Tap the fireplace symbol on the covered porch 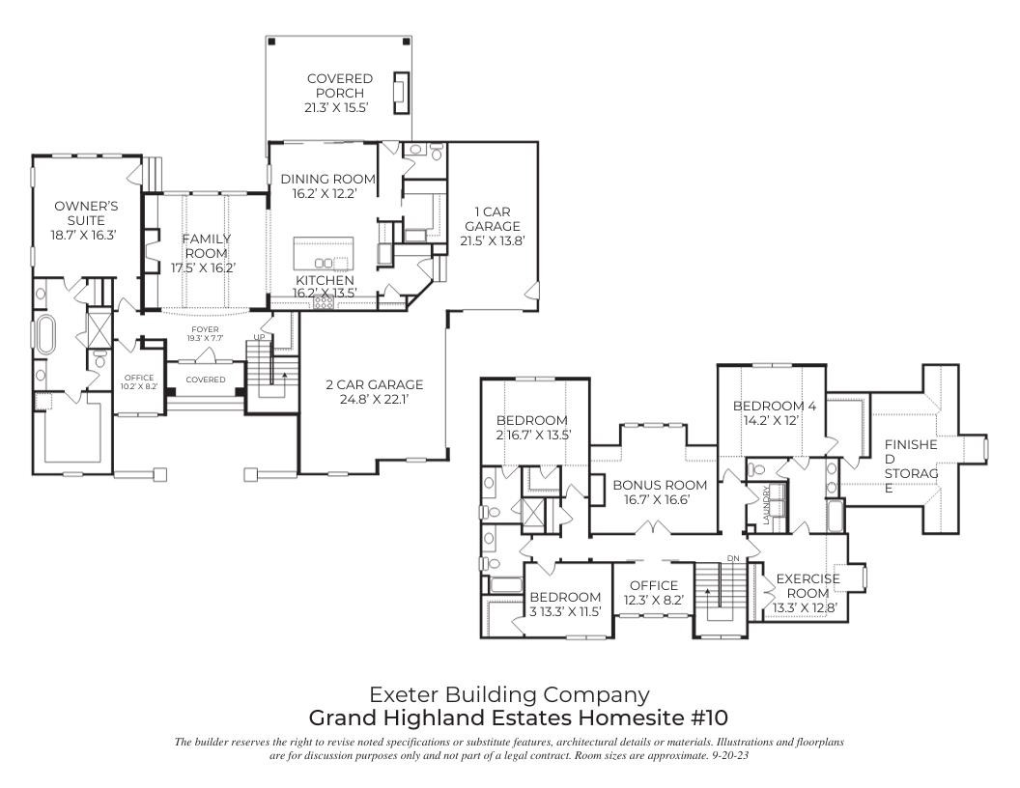pos(399,91)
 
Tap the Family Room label pos(204,246)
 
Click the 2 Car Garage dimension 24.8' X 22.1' pos(374,399)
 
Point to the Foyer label pos(205,329)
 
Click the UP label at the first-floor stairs pos(259,336)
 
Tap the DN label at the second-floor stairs pos(732,558)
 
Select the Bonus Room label pos(660,485)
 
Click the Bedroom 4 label pos(774,406)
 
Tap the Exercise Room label pos(804,585)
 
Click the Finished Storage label pos(911,466)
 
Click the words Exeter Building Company pos(509,693)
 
